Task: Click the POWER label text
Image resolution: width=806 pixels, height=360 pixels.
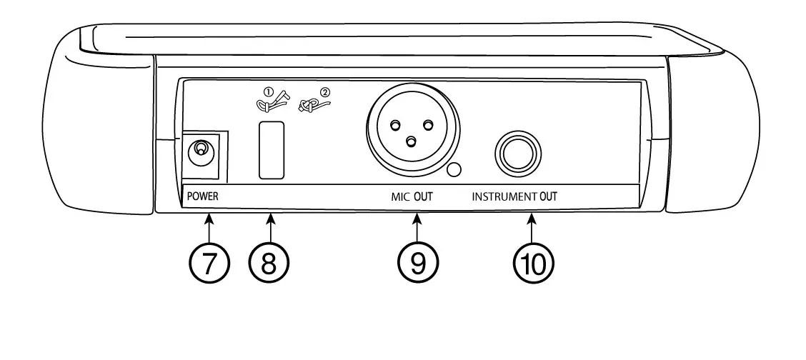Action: pyautogui.click(x=203, y=196)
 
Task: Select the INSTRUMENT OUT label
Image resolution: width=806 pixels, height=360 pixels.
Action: pyautogui.click(x=514, y=196)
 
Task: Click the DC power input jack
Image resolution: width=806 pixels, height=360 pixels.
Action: pyautogui.click(x=201, y=150)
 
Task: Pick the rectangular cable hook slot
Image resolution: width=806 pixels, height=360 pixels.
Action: pyautogui.click(x=272, y=149)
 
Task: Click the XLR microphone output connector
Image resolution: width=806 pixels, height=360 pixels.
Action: pyautogui.click(x=409, y=134)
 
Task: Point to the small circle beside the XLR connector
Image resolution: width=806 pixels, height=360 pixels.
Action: pyautogui.click(x=453, y=170)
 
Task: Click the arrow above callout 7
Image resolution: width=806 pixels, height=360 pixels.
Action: pyautogui.click(x=209, y=227)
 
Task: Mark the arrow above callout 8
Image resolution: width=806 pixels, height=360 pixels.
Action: pyautogui.click(x=270, y=227)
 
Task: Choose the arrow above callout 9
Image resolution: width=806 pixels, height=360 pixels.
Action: pyautogui.click(x=417, y=227)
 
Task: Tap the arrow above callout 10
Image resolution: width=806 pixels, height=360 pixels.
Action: pyautogui.click(x=533, y=227)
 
